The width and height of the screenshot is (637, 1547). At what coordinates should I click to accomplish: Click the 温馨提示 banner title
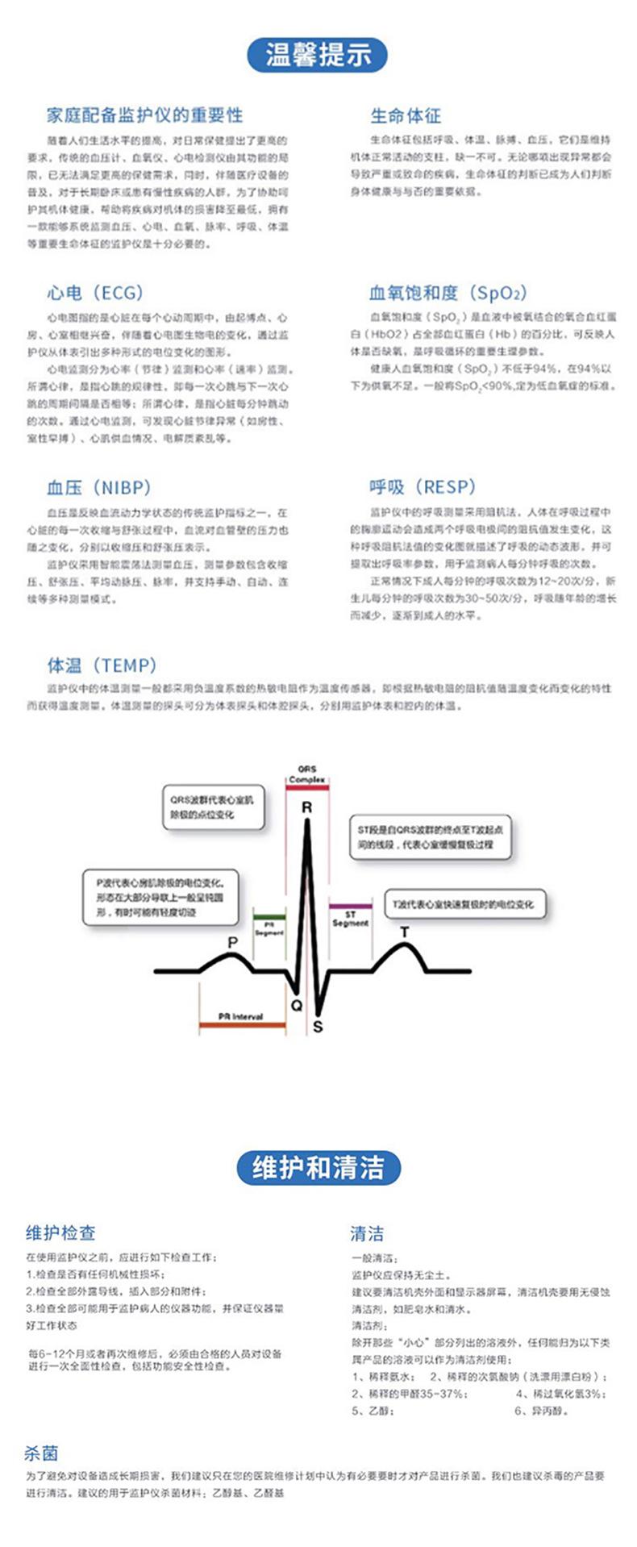[x=318, y=55]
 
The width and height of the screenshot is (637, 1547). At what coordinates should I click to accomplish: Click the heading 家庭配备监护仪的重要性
[x=144, y=115]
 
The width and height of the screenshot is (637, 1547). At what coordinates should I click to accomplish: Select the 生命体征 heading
[x=406, y=115]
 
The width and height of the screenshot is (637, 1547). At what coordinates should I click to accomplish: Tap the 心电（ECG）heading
[x=94, y=292]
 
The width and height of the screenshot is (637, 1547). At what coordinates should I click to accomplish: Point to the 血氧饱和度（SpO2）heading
[x=448, y=292]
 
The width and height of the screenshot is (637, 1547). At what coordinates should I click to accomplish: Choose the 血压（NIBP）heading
[x=99, y=487]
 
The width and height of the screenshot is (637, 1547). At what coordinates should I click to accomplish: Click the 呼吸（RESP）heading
[x=423, y=486]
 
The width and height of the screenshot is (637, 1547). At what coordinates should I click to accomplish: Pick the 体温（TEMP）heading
[x=102, y=665]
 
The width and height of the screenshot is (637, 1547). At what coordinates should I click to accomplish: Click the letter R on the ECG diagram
[x=306, y=807]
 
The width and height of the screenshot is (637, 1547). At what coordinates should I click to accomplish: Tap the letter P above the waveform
[x=233, y=943]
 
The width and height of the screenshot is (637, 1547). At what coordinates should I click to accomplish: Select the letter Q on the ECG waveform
[x=296, y=1005]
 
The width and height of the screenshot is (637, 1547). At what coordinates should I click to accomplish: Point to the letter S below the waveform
[x=318, y=1027]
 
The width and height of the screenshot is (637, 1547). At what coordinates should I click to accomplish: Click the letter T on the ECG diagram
[x=405, y=932]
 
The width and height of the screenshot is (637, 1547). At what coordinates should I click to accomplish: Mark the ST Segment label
[x=350, y=919]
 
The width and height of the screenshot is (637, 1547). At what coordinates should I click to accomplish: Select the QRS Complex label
[x=306, y=774]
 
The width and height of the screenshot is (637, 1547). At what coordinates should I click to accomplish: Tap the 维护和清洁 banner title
[x=318, y=1167]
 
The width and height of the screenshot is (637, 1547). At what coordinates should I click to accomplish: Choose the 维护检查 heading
[x=60, y=1232]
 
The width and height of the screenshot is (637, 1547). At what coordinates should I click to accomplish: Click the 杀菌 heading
[x=41, y=1453]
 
